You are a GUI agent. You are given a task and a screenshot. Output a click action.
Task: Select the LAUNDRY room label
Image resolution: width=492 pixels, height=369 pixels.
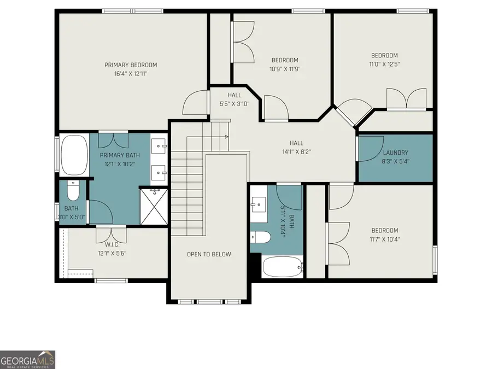[395, 153]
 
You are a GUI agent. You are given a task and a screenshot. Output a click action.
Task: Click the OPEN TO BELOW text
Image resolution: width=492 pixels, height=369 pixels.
[209, 254]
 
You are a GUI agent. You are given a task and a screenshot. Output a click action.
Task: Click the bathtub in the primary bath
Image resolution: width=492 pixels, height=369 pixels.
[74, 155]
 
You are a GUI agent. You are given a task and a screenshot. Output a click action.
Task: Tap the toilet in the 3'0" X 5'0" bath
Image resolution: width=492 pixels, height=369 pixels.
[73, 191]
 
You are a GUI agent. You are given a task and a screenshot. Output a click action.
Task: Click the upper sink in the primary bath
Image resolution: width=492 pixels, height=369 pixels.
[159, 145]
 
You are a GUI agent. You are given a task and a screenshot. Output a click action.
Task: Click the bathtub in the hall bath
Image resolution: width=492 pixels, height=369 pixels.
[282, 267]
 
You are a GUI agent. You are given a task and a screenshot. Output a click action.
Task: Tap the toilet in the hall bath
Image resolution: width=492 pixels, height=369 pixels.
[261, 237]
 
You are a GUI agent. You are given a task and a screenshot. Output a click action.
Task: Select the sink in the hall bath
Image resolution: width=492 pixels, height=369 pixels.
[258, 206]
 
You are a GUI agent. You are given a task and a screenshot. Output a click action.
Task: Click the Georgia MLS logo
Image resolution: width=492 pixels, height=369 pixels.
[27, 360]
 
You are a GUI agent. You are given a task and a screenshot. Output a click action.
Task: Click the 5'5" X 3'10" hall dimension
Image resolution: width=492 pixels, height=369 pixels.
[235, 103]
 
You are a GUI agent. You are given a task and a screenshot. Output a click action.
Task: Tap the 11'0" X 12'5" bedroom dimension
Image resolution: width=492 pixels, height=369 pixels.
[384, 65]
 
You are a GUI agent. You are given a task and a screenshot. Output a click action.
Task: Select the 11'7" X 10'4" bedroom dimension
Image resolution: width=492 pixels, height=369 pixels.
[385, 239]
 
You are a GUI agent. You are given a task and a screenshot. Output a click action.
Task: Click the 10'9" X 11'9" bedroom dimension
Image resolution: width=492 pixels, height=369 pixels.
[285, 69]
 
